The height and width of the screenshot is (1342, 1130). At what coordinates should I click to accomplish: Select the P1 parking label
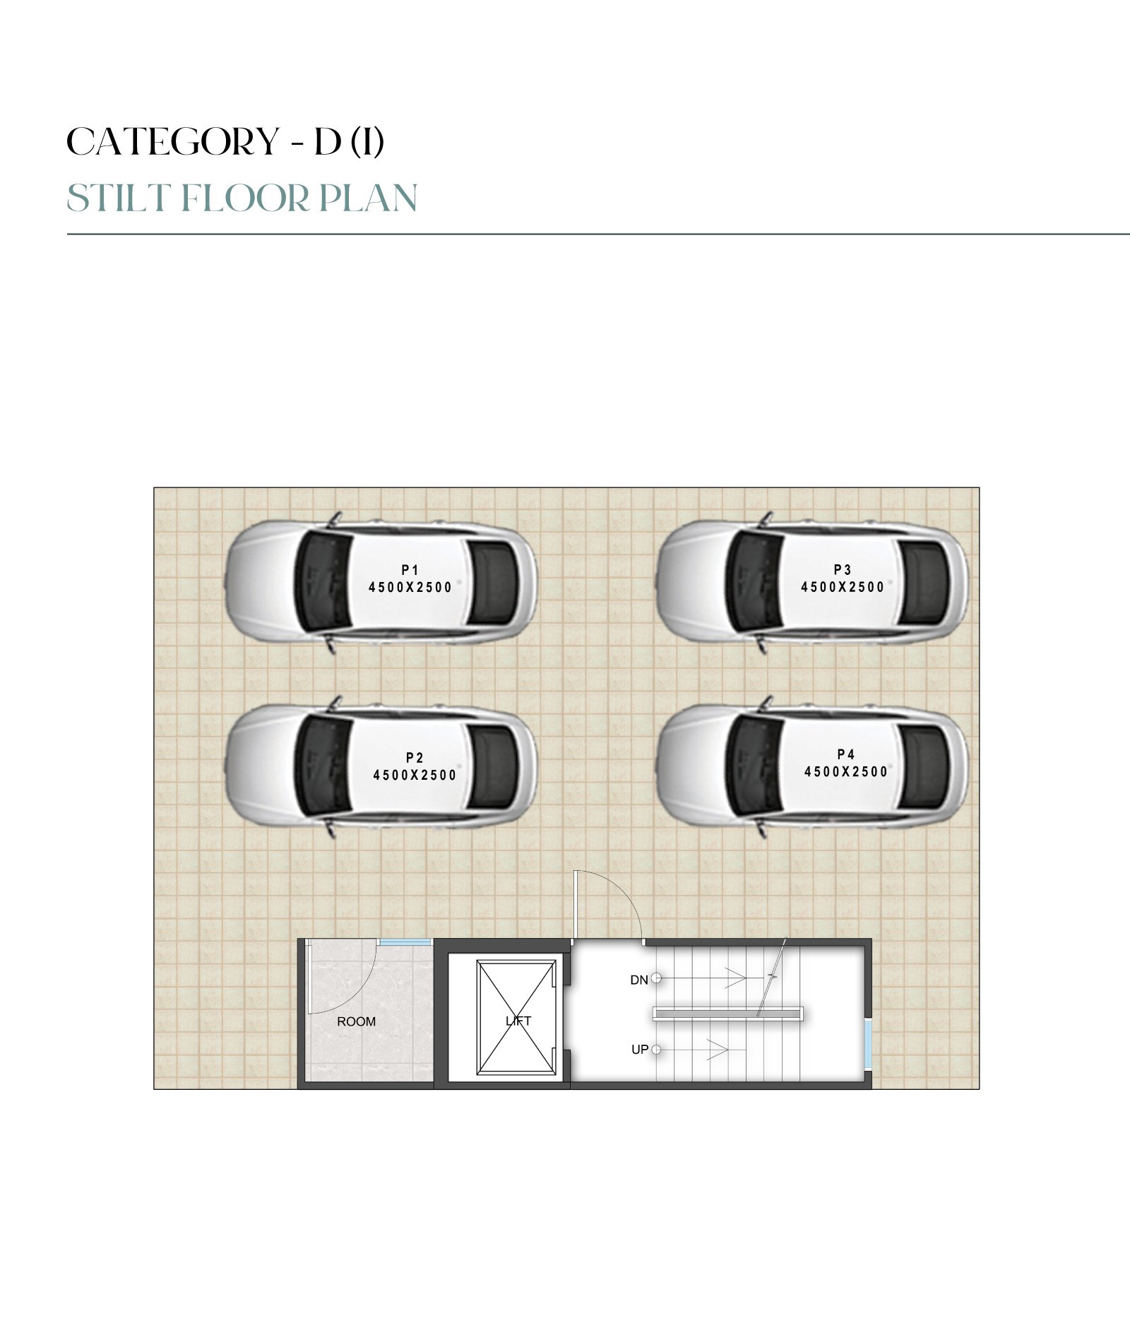[x=410, y=570]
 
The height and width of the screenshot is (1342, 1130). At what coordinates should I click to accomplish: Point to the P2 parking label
[x=415, y=758]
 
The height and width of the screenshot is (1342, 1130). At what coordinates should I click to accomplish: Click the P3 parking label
[x=843, y=569]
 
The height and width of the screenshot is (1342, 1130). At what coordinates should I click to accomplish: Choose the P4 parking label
[x=846, y=754]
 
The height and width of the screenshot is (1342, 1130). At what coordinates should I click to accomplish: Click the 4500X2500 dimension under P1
[x=410, y=587]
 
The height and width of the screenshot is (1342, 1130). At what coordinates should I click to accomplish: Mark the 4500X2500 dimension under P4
[x=846, y=771]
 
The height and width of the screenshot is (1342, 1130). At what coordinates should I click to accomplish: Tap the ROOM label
[x=357, y=1021]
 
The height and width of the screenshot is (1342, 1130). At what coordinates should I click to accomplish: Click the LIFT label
[x=518, y=1021]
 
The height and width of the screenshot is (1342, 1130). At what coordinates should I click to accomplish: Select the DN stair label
[x=639, y=980]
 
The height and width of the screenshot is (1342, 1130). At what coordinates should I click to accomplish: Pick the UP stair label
[x=640, y=1050]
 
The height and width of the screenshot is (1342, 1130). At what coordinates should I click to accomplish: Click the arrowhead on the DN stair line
[x=737, y=978]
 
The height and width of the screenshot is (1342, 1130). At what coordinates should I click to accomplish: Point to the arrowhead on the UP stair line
[x=718, y=1050]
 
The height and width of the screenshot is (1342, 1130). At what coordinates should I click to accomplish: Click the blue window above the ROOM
[x=405, y=942]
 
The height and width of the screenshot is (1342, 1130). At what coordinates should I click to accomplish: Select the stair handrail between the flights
[x=728, y=1014]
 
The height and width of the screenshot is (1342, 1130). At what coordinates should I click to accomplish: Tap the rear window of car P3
[x=925, y=583]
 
